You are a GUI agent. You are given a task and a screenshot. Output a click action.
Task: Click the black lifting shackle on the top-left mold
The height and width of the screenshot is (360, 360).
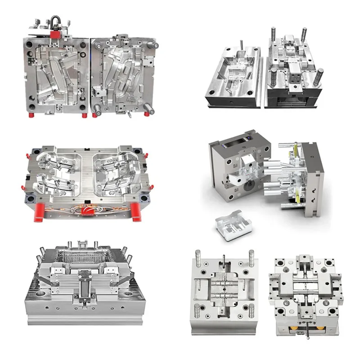click(x=55, y=22)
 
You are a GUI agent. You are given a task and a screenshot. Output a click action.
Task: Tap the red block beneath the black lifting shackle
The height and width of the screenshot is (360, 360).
click(x=55, y=34)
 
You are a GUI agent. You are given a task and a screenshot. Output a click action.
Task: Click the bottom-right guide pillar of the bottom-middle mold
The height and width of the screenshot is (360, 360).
click(x=251, y=310)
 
